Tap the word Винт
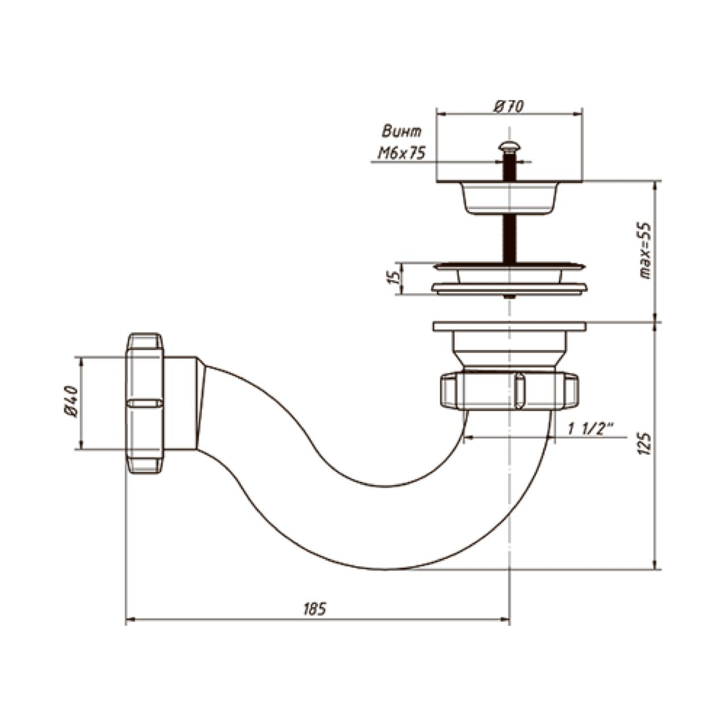402,132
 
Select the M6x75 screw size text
401,153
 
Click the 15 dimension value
394,278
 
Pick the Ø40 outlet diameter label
71,402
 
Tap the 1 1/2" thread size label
591,429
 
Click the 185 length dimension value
315,610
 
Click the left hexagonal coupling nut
145,403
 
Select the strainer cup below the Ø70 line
509,199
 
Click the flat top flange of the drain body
509,326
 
